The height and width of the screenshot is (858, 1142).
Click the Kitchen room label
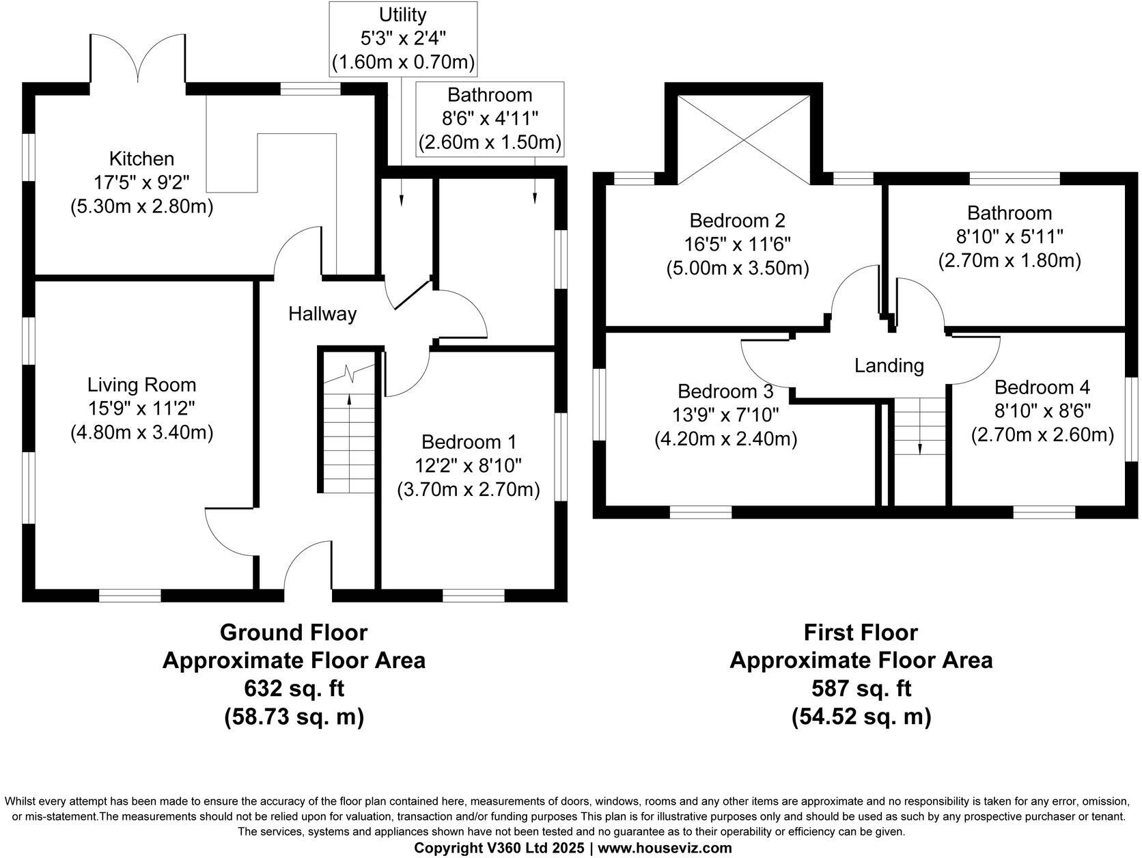coord(141,159)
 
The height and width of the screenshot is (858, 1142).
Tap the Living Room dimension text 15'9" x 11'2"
coord(141,409)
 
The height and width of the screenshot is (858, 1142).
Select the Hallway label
coord(322,314)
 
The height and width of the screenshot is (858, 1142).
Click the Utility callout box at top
coord(403,38)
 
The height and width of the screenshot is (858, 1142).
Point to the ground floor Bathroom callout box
coord(490,120)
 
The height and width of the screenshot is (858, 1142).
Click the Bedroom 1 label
coord(469,442)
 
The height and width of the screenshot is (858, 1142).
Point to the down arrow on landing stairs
coord(920,447)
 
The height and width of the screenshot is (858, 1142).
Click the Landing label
coord(889,366)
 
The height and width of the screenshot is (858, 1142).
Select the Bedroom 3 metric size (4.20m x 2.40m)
coord(725,439)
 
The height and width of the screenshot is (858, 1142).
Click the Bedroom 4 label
coord(1042,387)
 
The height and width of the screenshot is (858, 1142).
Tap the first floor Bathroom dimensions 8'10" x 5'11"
coord(1009,237)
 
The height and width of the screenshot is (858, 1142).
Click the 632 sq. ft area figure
coord(294,688)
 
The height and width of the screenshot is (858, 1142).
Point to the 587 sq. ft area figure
coord(861,688)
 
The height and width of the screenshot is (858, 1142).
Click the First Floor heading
coord(861,633)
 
